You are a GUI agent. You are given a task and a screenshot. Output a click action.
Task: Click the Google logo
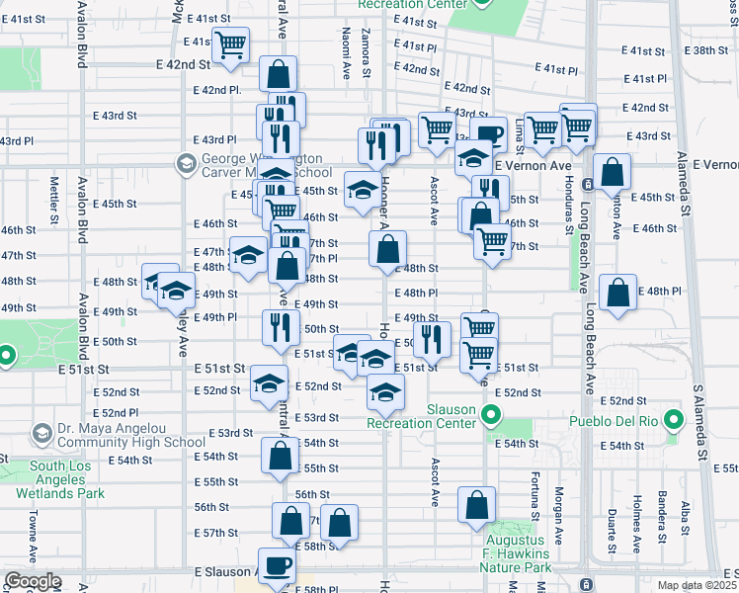33,581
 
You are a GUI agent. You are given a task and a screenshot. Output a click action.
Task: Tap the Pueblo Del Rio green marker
674,421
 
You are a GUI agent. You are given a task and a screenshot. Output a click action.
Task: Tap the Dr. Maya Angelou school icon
42,433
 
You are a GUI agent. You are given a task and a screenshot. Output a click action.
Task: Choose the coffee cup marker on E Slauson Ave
277,565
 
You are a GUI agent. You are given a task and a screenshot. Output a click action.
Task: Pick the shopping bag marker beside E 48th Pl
617,293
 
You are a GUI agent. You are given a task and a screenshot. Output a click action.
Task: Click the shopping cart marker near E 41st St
230,44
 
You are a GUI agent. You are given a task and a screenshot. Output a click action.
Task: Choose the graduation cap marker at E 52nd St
267,385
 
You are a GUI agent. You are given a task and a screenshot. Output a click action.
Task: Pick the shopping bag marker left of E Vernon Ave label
613,172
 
